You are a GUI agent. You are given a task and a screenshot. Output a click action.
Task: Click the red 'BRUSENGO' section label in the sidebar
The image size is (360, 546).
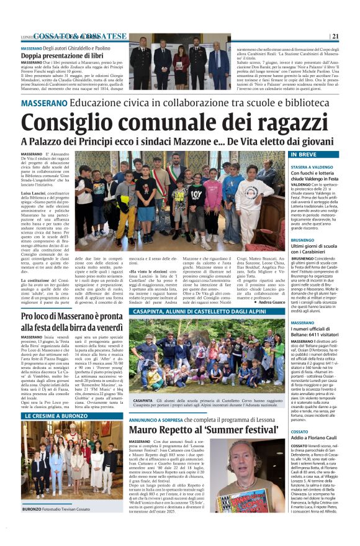(302, 239)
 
